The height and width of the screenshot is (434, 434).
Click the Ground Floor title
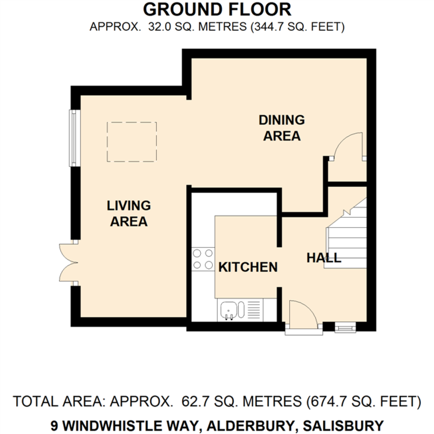pos(217,10)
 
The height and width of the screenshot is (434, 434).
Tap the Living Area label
pos(129,213)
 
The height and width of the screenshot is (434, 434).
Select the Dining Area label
pos(282,128)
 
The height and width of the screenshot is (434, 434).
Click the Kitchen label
pos(248,267)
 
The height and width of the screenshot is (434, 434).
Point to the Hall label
pos(324,258)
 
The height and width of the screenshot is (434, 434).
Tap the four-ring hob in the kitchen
pos(203,259)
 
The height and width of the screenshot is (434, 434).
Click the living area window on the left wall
pos(75,138)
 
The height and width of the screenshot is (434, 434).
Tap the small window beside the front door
pos(345,327)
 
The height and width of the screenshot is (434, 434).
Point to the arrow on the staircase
pos(347,212)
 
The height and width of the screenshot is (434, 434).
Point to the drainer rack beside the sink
pos(254,310)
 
